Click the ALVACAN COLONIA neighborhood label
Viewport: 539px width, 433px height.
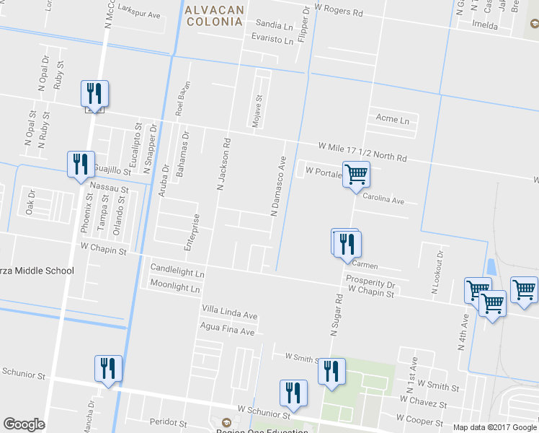(213, 15)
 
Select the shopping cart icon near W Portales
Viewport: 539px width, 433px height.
(356, 175)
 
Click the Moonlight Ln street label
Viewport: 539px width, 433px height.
(174, 287)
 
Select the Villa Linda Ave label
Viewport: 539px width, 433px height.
(229, 315)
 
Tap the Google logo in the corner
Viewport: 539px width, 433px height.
(24, 424)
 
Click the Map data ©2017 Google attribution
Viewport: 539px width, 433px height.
(495, 427)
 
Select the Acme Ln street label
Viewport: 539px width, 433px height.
(392, 118)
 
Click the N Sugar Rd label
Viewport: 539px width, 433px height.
(335, 315)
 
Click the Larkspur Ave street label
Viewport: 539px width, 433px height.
(138, 14)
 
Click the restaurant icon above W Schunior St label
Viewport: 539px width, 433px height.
(293, 393)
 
